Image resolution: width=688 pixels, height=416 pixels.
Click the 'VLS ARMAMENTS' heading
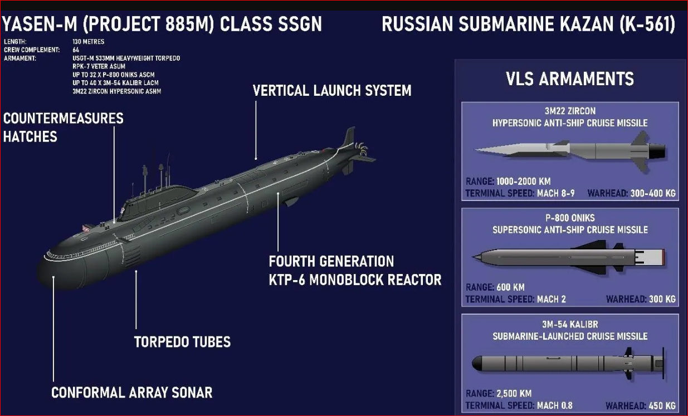[570, 79]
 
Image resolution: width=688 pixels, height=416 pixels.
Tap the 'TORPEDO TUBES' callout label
[182, 342]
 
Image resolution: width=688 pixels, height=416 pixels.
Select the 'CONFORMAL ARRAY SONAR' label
[132, 393]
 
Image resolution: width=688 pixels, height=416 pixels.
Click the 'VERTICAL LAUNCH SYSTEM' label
[331, 91]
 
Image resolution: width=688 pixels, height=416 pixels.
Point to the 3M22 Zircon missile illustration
[570, 151]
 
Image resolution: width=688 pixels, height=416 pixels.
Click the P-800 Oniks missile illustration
[569, 257]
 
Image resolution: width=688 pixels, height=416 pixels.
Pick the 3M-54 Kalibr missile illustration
[568, 364]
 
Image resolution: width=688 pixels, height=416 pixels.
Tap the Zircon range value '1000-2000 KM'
[523, 182]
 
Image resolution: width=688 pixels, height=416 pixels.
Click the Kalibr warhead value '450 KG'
[662, 406]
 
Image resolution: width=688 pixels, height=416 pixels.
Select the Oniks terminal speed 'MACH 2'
[552, 300]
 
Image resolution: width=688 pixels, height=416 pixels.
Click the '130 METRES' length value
[89, 41]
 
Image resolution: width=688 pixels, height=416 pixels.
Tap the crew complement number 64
[76, 50]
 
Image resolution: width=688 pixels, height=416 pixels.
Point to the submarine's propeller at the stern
[362, 149]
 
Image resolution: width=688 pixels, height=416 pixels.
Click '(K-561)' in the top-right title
[647, 24]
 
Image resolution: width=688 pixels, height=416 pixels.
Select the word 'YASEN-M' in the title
[40, 24]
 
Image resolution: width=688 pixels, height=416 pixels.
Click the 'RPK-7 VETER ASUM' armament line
[99, 66]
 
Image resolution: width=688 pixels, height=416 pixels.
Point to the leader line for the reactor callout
[278, 222]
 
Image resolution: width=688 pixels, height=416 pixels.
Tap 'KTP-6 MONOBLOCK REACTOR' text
[355, 280]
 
